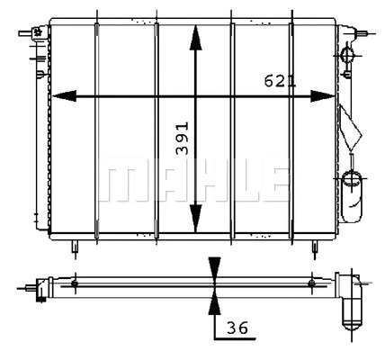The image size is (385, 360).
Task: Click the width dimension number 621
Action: coord(280,81)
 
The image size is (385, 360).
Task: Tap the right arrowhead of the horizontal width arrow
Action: coord(325,95)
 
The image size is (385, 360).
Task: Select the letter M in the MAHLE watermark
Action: coord(115,182)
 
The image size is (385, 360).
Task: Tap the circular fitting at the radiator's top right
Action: coord(350,57)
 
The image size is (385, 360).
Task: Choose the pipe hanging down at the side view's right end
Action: coord(351,310)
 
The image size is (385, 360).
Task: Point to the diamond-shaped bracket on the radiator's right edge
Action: coord(350,125)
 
